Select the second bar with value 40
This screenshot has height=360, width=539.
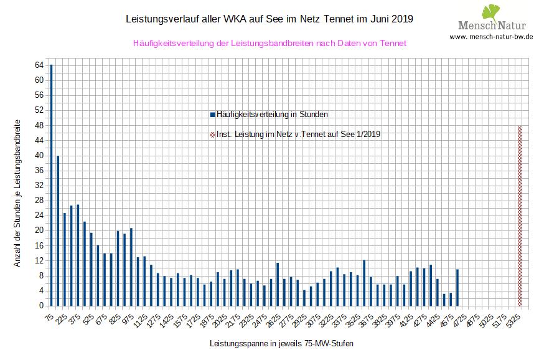[x=58, y=230]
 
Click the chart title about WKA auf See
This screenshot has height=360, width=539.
[x=269, y=20]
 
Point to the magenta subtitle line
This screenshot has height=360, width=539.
[x=269, y=44]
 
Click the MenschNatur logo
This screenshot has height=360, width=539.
[x=492, y=19]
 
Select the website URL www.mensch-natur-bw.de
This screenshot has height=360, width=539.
[x=491, y=37]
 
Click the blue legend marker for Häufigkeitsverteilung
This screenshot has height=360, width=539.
[x=212, y=115]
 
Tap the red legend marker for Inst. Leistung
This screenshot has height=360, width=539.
[x=212, y=134]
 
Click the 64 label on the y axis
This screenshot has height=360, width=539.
[x=39, y=65]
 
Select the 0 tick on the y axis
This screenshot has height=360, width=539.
[x=40, y=306]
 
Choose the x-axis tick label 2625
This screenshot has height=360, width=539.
[x=275, y=319]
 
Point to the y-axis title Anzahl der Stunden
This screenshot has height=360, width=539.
[x=17, y=192]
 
